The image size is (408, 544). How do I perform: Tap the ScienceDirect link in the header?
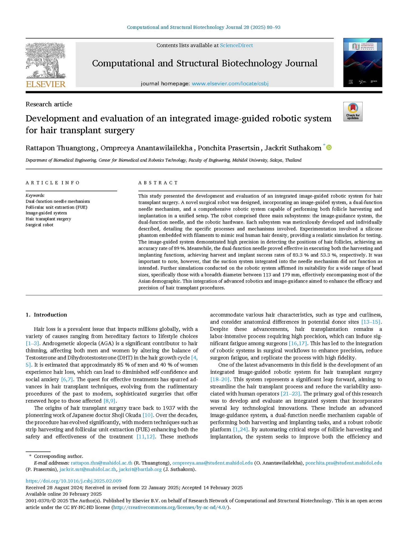tap(236, 45)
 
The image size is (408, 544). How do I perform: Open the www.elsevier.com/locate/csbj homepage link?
tap(230, 84)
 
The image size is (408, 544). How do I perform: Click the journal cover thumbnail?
tap(363, 62)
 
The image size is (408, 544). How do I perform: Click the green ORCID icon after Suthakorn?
tap(329, 147)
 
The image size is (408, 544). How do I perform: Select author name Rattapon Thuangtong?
tap(60, 148)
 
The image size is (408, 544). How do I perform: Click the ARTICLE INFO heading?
tap(53, 183)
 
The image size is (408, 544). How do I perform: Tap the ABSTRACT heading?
tap(158, 183)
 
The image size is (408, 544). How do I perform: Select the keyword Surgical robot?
tap(39, 225)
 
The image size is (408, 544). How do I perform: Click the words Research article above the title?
tap(49, 104)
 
